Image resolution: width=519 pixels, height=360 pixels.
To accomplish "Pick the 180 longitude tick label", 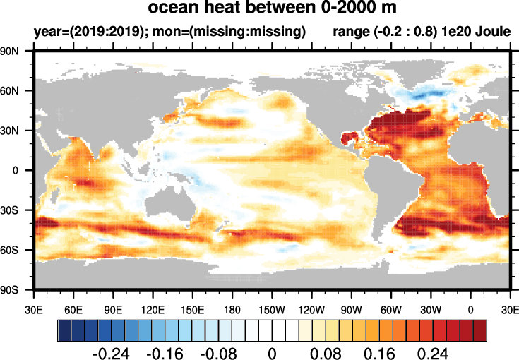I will tap(232, 308).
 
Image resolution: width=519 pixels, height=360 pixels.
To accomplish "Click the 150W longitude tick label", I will tap(272, 308).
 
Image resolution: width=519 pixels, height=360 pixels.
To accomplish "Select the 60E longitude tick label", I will tap(73, 308).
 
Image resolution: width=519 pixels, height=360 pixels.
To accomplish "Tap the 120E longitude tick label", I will tap(153, 308).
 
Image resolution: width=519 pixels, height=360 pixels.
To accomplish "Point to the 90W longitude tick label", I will tap(351, 308).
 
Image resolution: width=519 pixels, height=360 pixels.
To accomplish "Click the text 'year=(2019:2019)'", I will tap(83, 32).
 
